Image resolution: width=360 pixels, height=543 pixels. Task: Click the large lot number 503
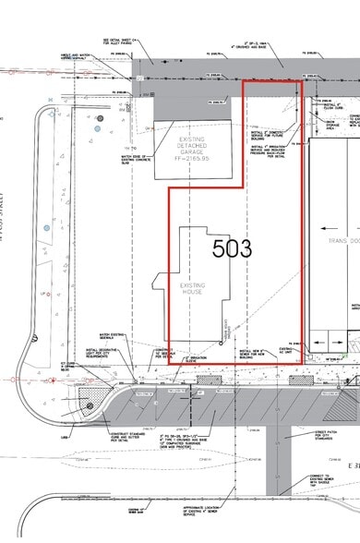click(232, 247)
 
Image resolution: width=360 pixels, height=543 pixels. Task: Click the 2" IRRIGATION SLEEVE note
click(195, 356)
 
